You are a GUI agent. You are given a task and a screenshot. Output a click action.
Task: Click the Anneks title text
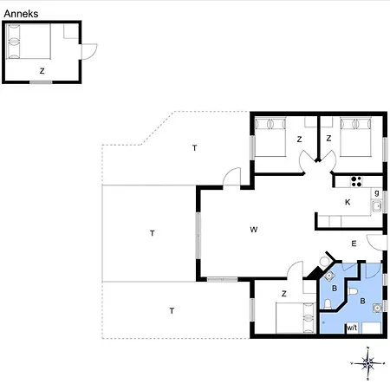[21, 14]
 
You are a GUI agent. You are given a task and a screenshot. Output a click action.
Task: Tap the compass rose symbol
[367, 363]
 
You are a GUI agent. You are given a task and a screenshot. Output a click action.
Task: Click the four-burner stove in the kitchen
[356, 181]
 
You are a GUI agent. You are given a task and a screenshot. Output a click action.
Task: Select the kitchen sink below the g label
[377, 206]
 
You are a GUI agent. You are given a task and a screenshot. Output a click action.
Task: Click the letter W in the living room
[253, 230]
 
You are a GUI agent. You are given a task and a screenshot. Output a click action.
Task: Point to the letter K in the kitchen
[348, 202]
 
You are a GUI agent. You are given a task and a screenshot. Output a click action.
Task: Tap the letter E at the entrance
[354, 244]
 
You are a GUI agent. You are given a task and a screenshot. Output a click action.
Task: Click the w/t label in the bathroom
[352, 328]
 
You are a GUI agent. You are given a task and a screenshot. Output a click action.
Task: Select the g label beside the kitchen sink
[377, 193]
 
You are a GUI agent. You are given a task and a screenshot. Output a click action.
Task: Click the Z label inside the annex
[42, 71]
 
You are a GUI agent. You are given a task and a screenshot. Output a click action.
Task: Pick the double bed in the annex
[29, 42]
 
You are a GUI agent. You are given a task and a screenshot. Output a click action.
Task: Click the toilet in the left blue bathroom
[328, 304]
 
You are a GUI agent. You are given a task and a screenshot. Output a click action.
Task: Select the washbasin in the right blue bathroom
[377, 308]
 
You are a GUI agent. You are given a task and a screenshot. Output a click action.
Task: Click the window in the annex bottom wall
[41, 82]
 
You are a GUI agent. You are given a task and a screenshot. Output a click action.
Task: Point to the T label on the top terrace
[195, 148]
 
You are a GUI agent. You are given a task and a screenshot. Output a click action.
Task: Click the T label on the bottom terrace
[172, 311]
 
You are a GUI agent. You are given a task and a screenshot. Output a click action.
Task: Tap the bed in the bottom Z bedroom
[296, 318]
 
